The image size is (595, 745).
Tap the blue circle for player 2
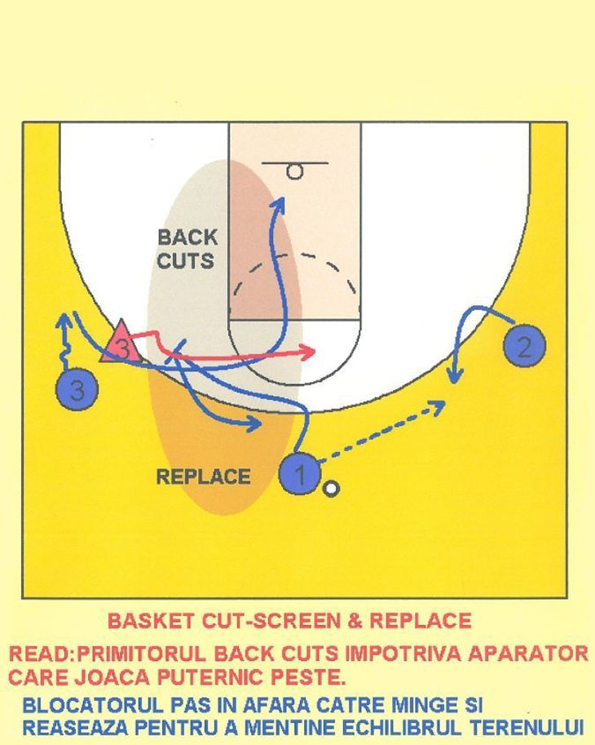[x=524, y=347]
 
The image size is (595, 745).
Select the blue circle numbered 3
[x=77, y=390]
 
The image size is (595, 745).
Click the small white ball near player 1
[x=331, y=489]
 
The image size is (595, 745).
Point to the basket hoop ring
[x=295, y=171]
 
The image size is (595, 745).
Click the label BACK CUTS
[x=187, y=249]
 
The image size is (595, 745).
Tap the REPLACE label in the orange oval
[x=203, y=477]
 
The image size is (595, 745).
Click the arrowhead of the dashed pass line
[x=442, y=403]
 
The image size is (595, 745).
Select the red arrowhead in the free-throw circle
[x=311, y=351]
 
